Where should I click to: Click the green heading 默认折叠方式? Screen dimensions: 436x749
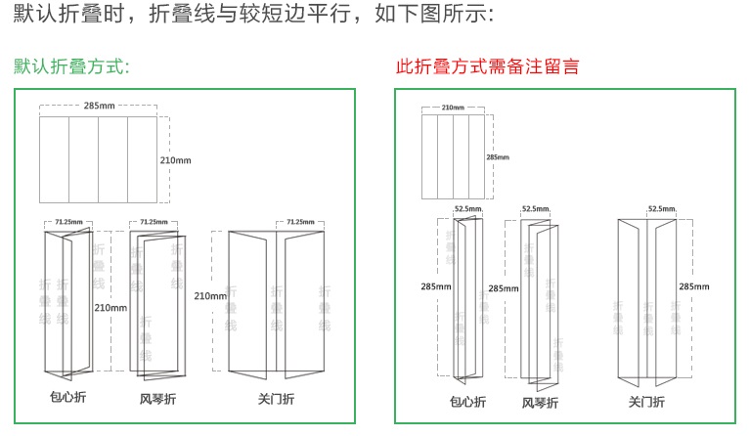click(x=71, y=66)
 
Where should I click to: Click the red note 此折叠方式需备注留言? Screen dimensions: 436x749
click(x=487, y=66)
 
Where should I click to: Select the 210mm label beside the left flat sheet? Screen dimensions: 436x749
click(x=176, y=158)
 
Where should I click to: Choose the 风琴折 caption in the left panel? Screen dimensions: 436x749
click(x=158, y=399)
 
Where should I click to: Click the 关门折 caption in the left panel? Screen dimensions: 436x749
click(x=276, y=399)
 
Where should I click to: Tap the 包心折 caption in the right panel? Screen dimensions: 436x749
click(x=468, y=401)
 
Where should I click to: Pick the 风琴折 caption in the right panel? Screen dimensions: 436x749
click(x=540, y=403)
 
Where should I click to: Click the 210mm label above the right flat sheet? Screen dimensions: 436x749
click(x=453, y=108)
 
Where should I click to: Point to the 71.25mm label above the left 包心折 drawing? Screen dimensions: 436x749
click(x=68, y=222)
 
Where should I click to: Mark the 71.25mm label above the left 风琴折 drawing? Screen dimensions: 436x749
click(x=154, y=222)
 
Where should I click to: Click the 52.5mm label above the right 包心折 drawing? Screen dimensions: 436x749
click(x=467, y=209)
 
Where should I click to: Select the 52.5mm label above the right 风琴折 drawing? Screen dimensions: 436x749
click(x=535, y=209)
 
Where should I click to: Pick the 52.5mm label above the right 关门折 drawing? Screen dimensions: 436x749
click(x=662, y=209)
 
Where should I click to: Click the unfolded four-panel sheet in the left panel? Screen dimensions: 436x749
click(x=98, y=158)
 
